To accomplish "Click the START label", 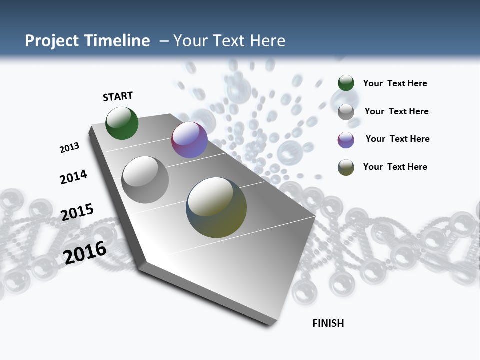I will click(118, 96).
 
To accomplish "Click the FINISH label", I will click(328, 323).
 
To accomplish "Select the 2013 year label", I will click(69, 148).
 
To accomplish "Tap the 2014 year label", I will click(73, 177).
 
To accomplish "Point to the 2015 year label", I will click(77, 212).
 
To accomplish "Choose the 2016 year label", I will click(85, 252).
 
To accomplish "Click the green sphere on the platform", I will click(122, 123).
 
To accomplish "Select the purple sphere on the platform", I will click(189, 140).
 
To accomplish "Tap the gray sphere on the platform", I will click(145, 179).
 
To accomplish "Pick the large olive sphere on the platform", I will click(216, 207).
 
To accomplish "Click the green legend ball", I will click(346, 83).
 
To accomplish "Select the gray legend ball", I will click(346, 112).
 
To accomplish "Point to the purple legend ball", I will click(346, 140).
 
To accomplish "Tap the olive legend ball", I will click(346, 167).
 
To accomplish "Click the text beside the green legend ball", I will click(395, 84).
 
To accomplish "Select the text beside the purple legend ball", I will click(397, 139).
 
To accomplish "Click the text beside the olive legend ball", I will click(395, 167).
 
